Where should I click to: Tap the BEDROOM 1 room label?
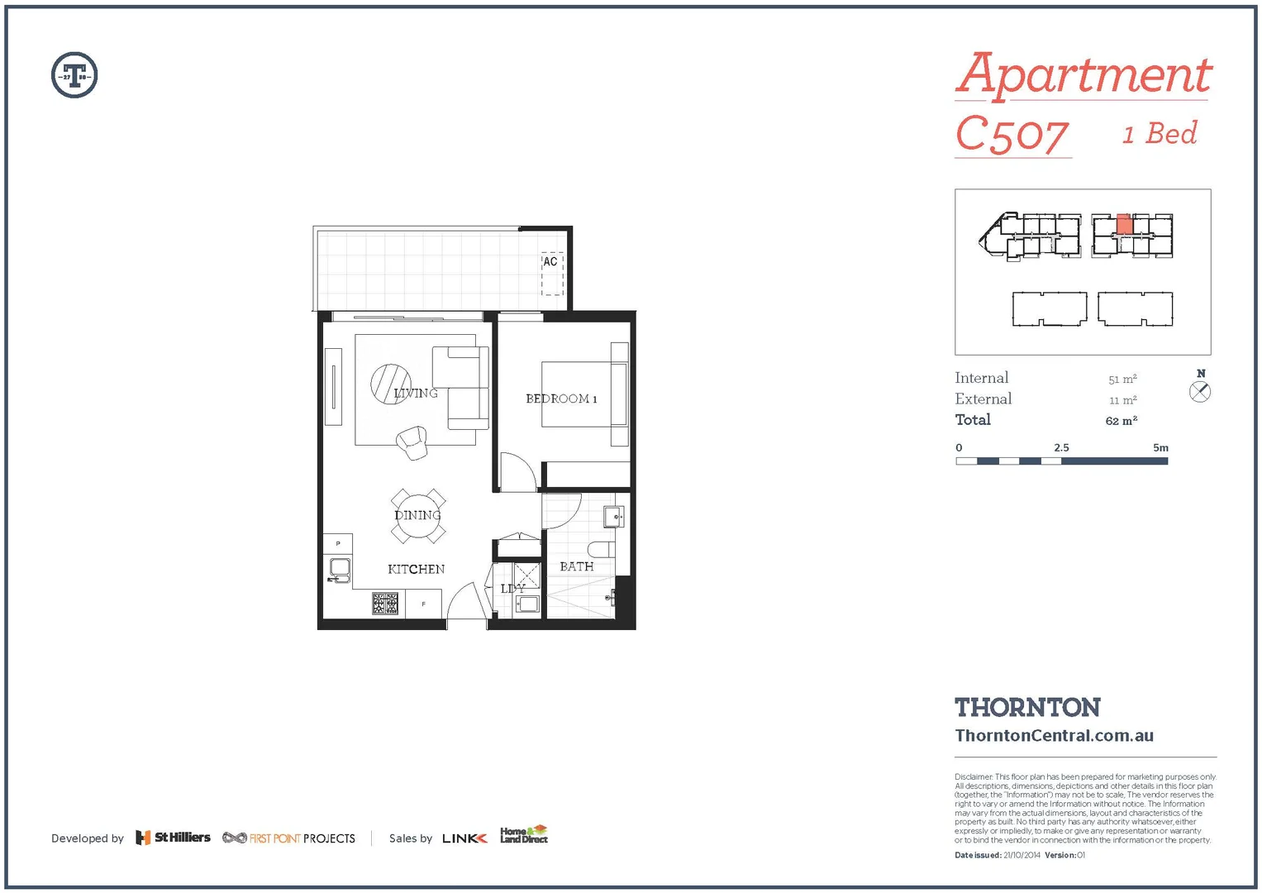[561, 399]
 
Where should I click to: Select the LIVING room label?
[415, 393]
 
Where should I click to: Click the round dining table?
[418, 515]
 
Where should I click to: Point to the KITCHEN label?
[416, 569]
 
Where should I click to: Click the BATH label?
[576, 566]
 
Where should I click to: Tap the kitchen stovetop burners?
[385, 604]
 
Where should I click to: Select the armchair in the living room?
[412, 442]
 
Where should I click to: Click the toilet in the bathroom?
[601, 549]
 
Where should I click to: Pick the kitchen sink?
[339, 568]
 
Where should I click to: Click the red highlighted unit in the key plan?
[1124, 224]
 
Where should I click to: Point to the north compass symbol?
[1200, 391]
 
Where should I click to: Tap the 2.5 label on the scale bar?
[1061, 447]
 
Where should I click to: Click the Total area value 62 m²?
[1122, 421]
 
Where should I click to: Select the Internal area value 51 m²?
[1122, 380]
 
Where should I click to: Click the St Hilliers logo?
[173, 838]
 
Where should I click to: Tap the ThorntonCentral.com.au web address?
[1054, 735]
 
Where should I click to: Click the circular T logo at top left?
[74, 75]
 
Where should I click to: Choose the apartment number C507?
[1012, 135]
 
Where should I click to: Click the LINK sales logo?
[464, 838]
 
